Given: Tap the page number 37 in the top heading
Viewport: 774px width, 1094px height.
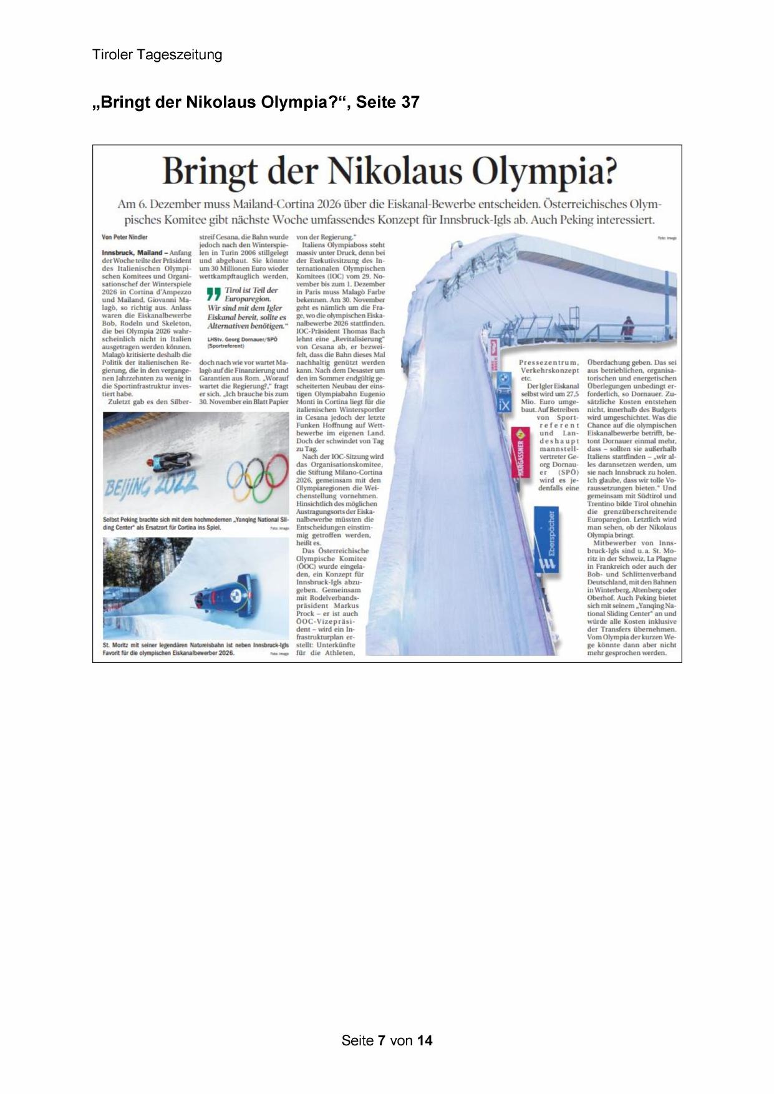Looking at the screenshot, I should click(x=410, y=102).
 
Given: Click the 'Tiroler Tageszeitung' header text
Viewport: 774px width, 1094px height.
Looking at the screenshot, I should click(x=157, y=55).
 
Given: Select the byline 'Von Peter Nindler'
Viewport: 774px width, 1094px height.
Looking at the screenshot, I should click(x=125, y=238).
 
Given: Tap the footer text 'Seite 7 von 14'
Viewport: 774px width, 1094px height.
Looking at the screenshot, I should click(x=387, y=1040).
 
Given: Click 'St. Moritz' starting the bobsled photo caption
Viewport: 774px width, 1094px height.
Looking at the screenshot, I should click(x=114, y=644).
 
